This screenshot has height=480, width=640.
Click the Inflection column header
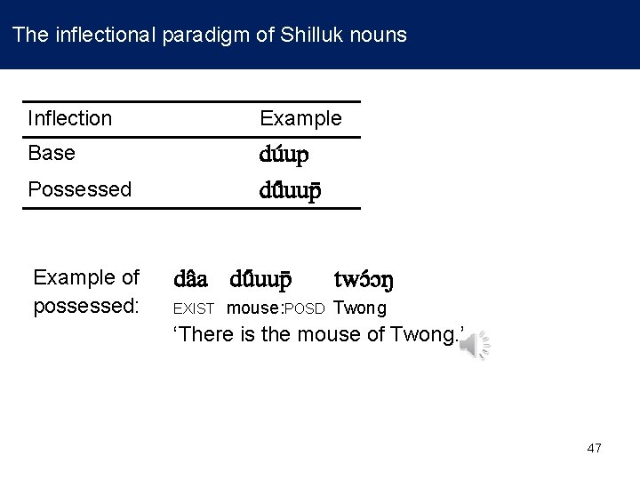pyautogui.click(x=70, y=118)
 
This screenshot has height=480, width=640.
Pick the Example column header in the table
pyautogui.click(x=300, y=118)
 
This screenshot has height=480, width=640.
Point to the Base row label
pyautogui.click(x=52, y=153)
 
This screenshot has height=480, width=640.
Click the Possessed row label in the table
pyautogui.click(x=80, y=189)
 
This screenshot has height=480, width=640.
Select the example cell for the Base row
pyautogui.click(x=284, y=155)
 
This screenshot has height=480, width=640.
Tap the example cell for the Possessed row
pyautogui.click(x=290, y=189)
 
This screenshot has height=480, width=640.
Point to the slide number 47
pyautogui.click(x=595, y=448)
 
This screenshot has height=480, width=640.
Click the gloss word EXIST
pyautogui.click(x=194, y=309)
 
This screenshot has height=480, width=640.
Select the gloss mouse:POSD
pyautogui.click(x=276, y=309)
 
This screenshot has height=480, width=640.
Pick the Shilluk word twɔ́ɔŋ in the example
pyautogui.click(x=363, y=281)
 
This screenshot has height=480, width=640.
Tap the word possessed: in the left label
pyautogui.click(x=85, y=307)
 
